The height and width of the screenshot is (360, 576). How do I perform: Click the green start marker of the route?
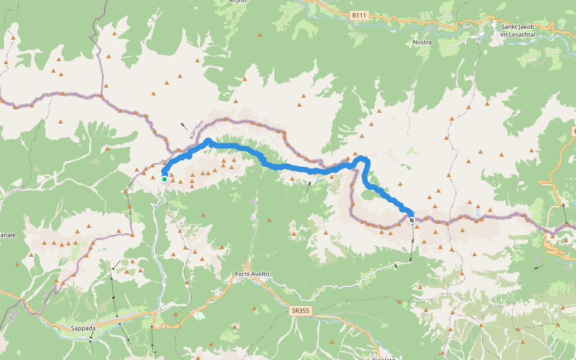tap(164, 179)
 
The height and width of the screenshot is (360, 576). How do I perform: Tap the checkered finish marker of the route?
tap(412, 220)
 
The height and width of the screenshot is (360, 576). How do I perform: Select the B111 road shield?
tap(358, 16)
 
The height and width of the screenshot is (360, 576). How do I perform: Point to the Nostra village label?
tap(422, 43)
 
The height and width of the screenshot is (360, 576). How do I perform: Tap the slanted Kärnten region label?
tap(197, 130)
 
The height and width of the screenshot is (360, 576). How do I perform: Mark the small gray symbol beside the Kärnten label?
tap(182, 126)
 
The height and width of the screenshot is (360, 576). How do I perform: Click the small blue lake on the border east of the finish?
tap(478, 212)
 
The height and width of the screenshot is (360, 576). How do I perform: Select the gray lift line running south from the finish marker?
tap(412, 240)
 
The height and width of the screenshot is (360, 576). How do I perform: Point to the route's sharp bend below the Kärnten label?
tap(208, 141)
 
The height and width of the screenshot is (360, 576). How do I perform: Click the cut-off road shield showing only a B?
tap(572, 130)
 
